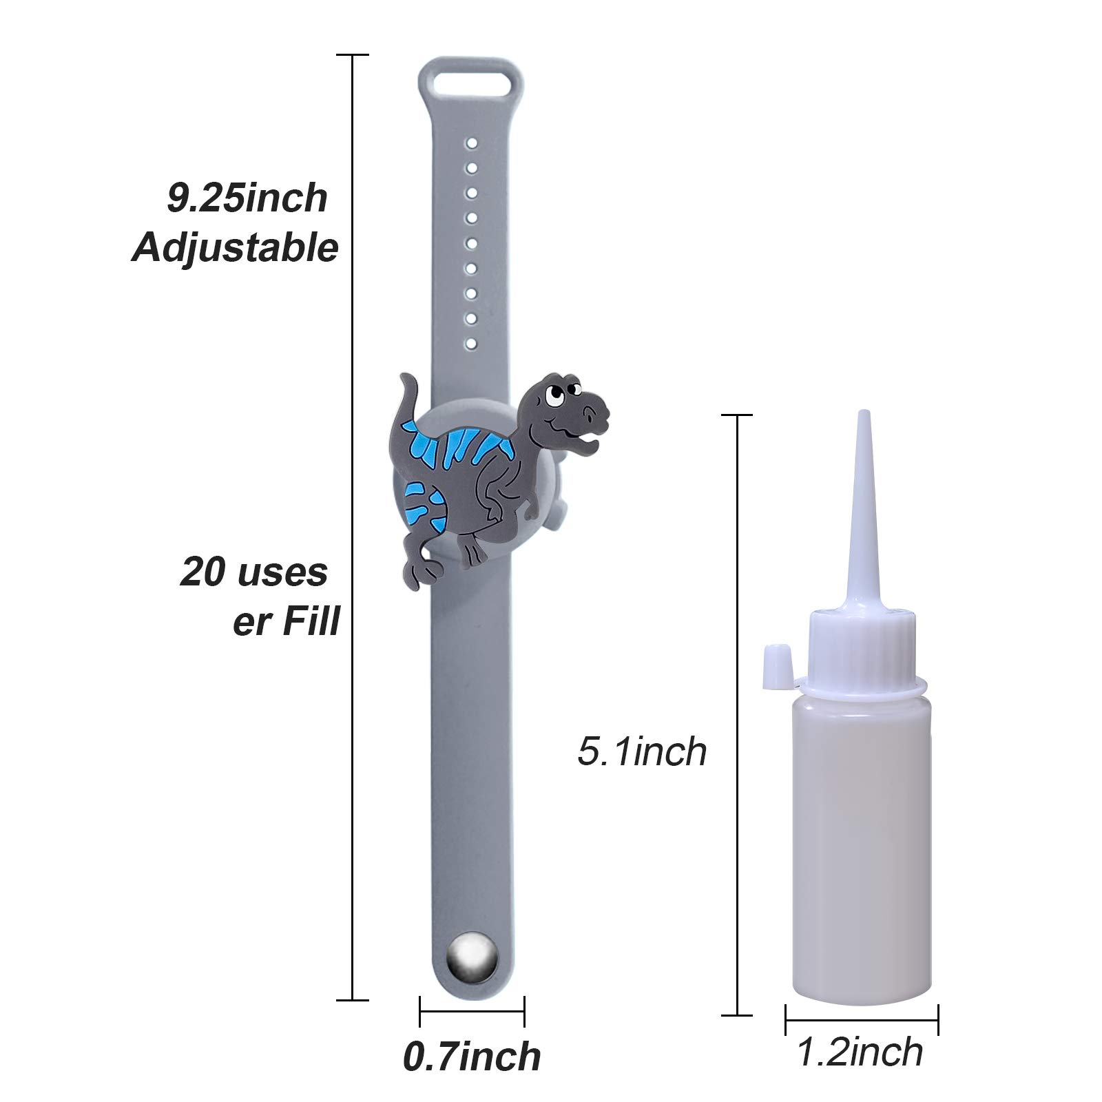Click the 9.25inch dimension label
tap(247, 198)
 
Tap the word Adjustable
tap(236, 248)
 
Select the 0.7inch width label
tap(472, 1056)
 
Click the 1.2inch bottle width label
tap(860, 1052)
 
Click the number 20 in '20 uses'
tap(204, 572)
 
